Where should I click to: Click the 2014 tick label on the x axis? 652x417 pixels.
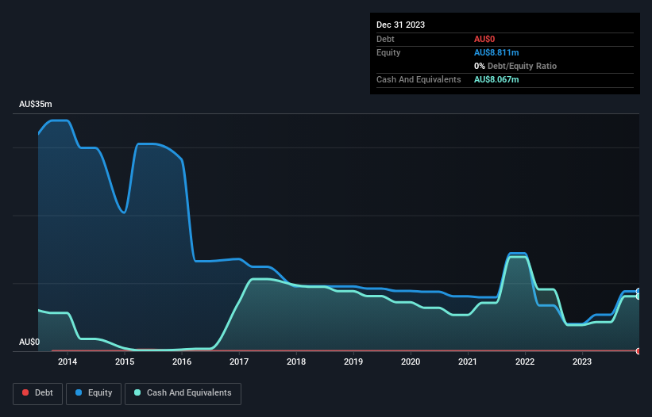pyautogui.click(x=68, y=362)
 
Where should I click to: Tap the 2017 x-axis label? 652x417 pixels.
pyautogui.click(x=239, y=362)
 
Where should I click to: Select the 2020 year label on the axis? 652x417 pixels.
pyautogui.click(x=411, y=362)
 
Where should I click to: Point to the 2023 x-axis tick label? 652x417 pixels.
pyautogui.click(x=582, y=362)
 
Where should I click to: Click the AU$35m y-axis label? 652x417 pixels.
pyautogui.click(x=36, y=105)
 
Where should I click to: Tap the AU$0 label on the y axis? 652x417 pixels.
pyautogui.click(x=30, y=342)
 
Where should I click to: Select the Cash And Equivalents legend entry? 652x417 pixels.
pyautogui.click(x=183, y=392)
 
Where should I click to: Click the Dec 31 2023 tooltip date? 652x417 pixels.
pyautogui.click(x=401, y=25)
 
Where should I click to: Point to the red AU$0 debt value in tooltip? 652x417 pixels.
pyautogui.click(x=485, y=39)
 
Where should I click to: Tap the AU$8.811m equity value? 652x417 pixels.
pyautogui.click(x=496, y=52)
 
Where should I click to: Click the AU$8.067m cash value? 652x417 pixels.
pyautogui.click(x=496, y=79)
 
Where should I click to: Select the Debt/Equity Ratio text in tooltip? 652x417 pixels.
pyautogui.click(x=519, y=66)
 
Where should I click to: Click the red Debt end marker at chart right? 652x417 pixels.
pyautogui.click(x=638, y=350)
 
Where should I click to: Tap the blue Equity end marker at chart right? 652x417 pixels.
pyautogui.click(x=638, y=291)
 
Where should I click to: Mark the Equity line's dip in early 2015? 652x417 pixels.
pyautogui.click(x=124, y=212)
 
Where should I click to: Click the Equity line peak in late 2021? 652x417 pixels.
pyautogui.click(x=518, y=253)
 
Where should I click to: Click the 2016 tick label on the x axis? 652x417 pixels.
pyautogui.click(x=182, y=362)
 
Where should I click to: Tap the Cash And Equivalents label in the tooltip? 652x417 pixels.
pyautogui.click(x=419, y=79)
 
